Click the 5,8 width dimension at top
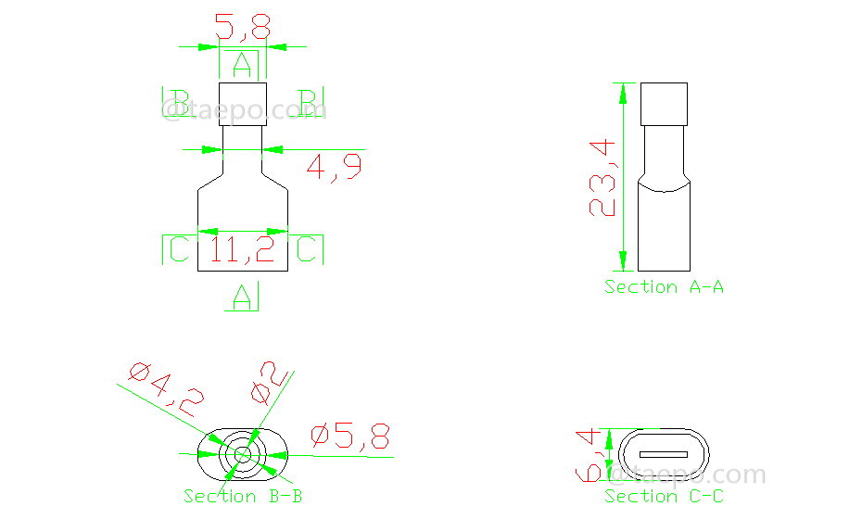(x=242, y=28)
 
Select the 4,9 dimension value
(x=334, y=168)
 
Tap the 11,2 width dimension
(x=242, y=250)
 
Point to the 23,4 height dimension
(x=603, y=177)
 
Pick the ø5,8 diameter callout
(x=351, y=437)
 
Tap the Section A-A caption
(x=664, y=287)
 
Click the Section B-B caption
(x=243, y=497)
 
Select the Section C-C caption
(x=664, y=497)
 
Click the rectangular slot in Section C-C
(x=664, y=455)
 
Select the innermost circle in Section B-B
(x=242, y=454)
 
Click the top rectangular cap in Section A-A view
(x=665, y=104)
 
